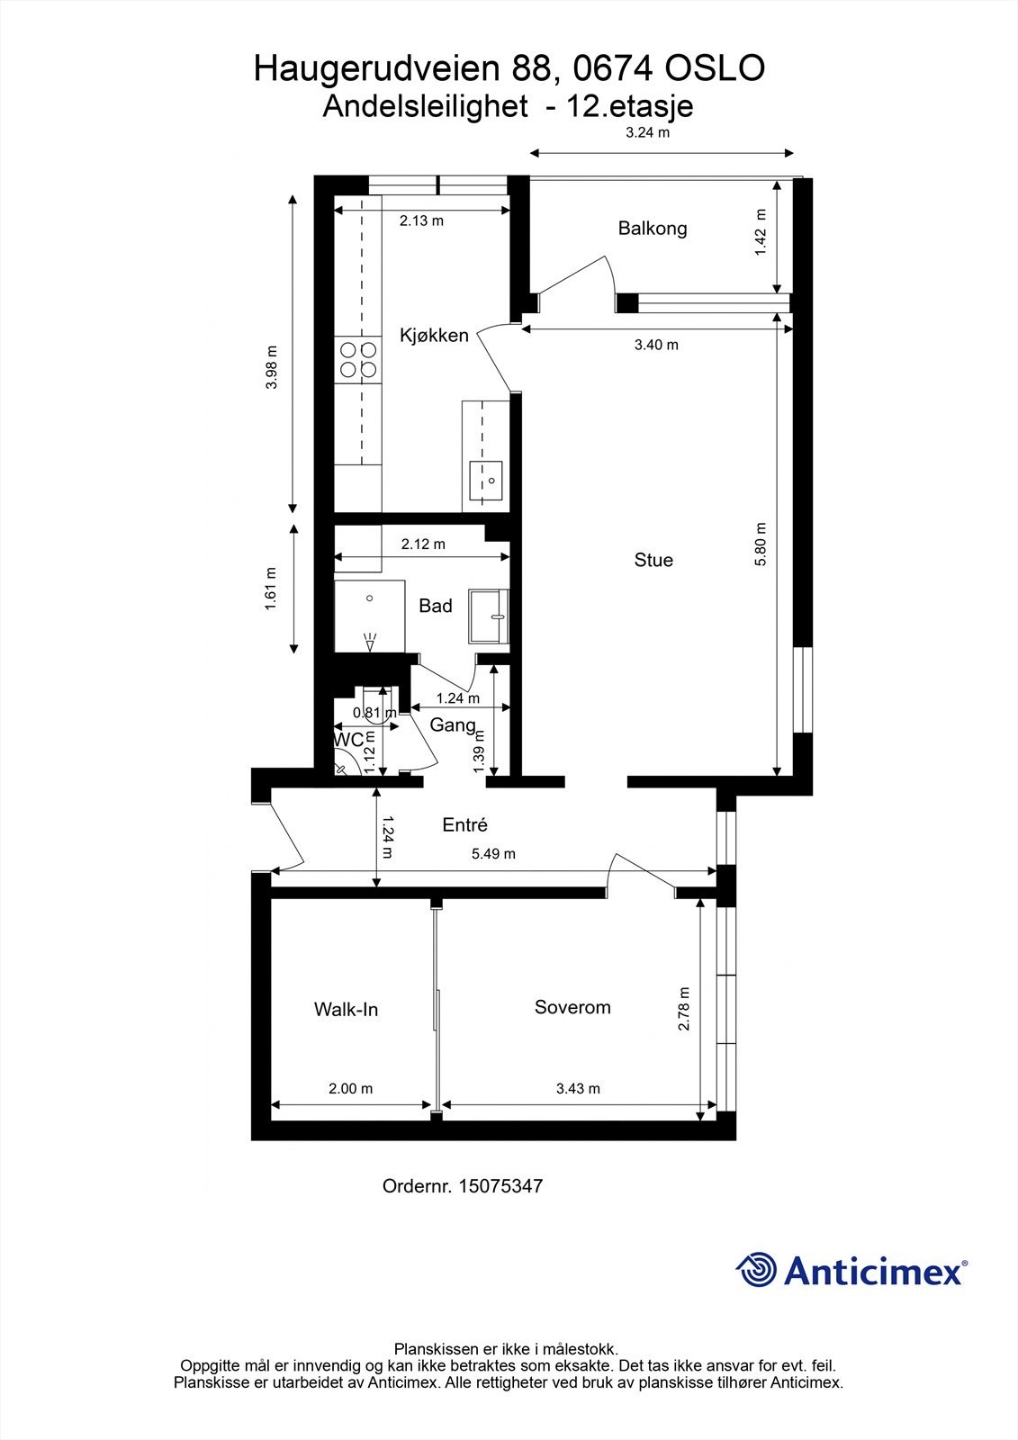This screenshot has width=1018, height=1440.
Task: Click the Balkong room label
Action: pyautogui.click(x=652, y=228)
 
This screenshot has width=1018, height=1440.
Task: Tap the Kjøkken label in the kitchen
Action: pyautogui.click(x=434, y=336)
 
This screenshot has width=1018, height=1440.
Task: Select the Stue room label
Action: pyautogui.click(x=653, y=560)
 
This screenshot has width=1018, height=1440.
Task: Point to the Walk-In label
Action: pyautogui.click(x=346, y=1010)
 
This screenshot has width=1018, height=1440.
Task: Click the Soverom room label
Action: pyautogui.click(x=572, y=1007)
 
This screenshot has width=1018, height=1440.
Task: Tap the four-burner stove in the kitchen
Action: pyautogui.click(x=358, y=359)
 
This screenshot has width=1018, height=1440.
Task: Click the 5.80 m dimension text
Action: pyautogui.click(x=761, y=544)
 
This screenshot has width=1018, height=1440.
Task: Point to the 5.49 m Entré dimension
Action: pyautogui.click(x=493, y=853)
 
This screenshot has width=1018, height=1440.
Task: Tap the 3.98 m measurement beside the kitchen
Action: pyautogui.click(x=273, y=367)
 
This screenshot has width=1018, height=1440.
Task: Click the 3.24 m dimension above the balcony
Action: pyautogui.click(x=648, y=133)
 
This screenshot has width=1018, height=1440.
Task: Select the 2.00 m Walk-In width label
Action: pyautogui.click(x=350, y=1088)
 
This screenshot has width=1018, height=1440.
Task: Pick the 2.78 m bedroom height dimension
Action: pyautogui.click(x=685, y=1009)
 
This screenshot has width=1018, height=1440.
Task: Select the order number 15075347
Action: pyautogui.click(x=500, y=1186)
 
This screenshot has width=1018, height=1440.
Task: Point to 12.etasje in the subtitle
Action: pyautogui.click(x=630, y=107)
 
